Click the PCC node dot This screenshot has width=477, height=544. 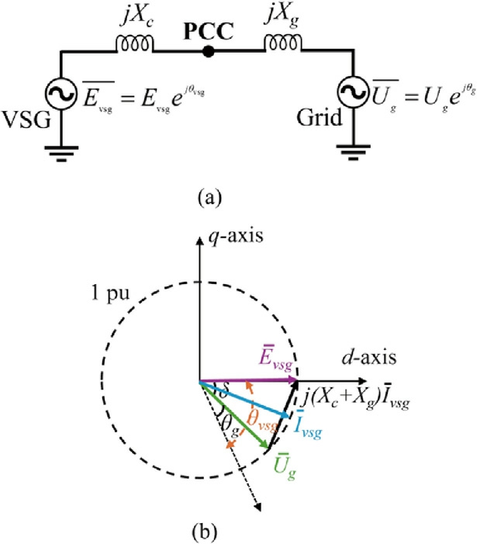(208, 52)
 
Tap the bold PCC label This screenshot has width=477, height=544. (209, 31)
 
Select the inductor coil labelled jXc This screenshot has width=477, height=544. (134, 43)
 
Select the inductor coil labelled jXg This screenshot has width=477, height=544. (283, 43)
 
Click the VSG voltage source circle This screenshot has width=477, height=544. (60, 93)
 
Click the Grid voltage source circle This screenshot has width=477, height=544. (353, 92)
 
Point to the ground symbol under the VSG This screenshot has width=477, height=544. (61, 154)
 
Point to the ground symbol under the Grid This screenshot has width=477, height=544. (353, 152)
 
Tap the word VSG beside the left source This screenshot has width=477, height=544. (26, 120)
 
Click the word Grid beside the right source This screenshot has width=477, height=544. (319, 118)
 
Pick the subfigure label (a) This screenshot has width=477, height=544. (209, 198)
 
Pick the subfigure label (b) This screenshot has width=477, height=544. (205, 531)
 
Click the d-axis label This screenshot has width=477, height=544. (369, 357)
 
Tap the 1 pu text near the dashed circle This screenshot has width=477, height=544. (110, 293)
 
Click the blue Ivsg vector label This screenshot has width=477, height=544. (307, 424)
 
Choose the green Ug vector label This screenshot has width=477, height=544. (285, 466)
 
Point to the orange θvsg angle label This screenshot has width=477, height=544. (262, 421)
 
